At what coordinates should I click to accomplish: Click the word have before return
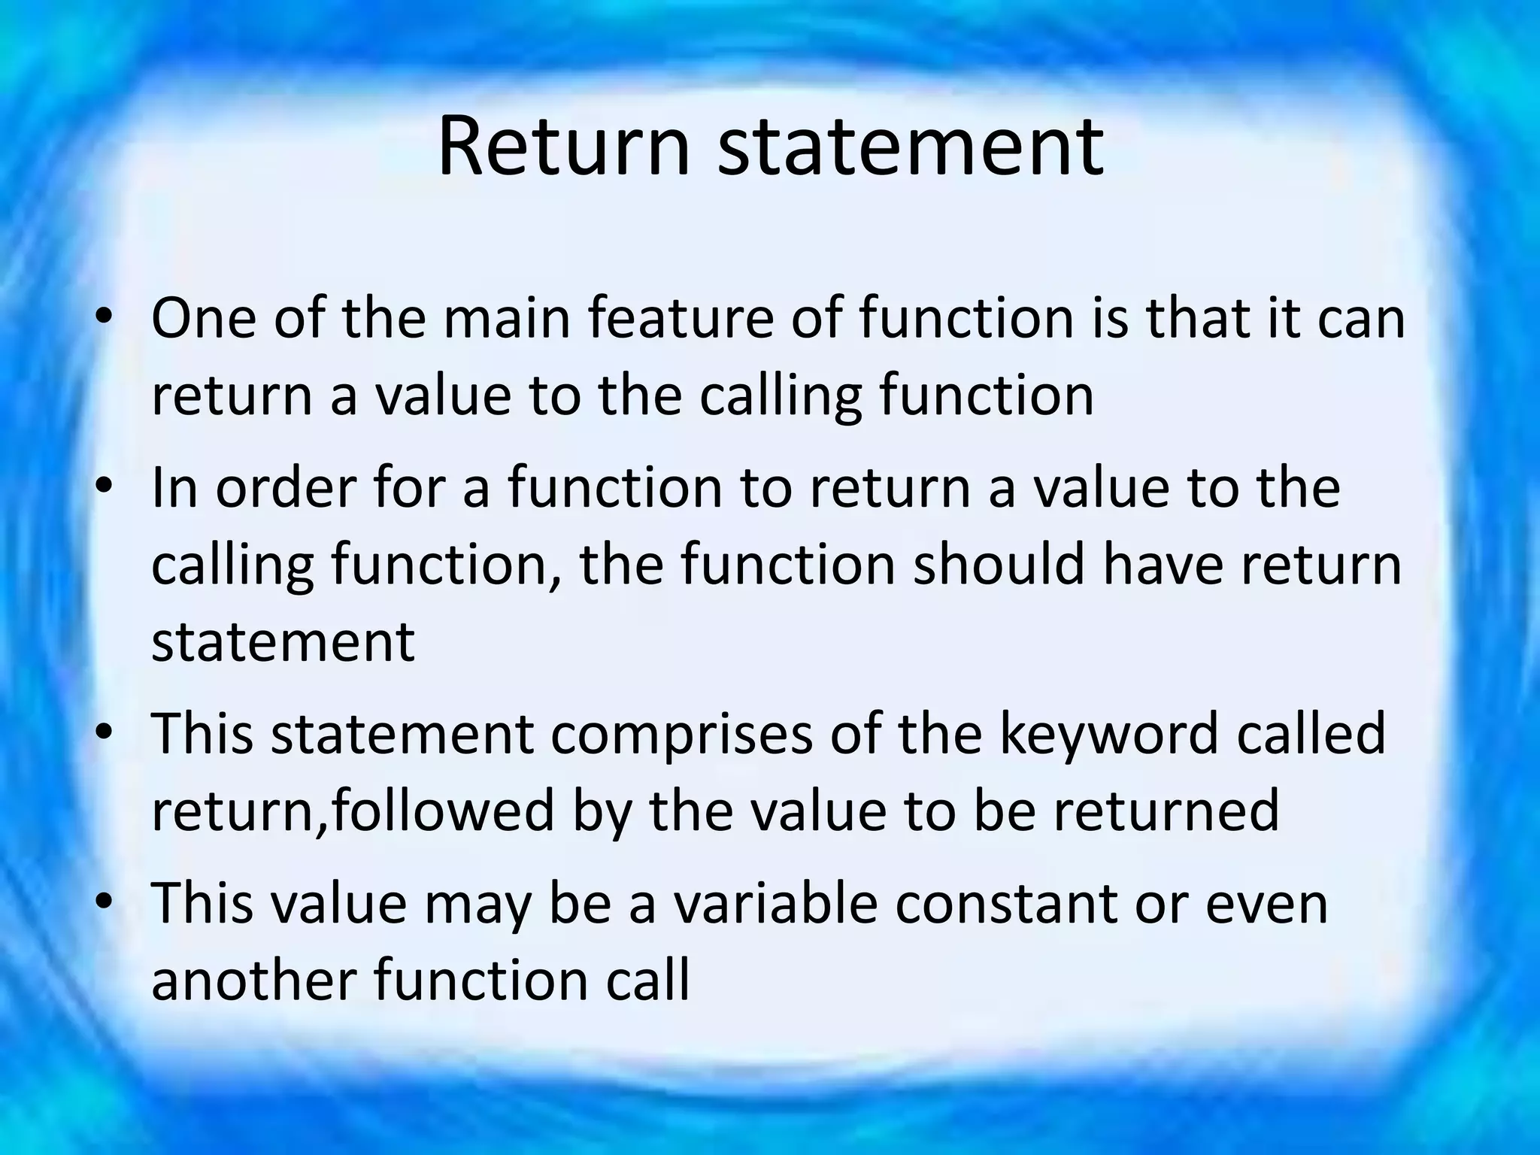(1163, 564)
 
